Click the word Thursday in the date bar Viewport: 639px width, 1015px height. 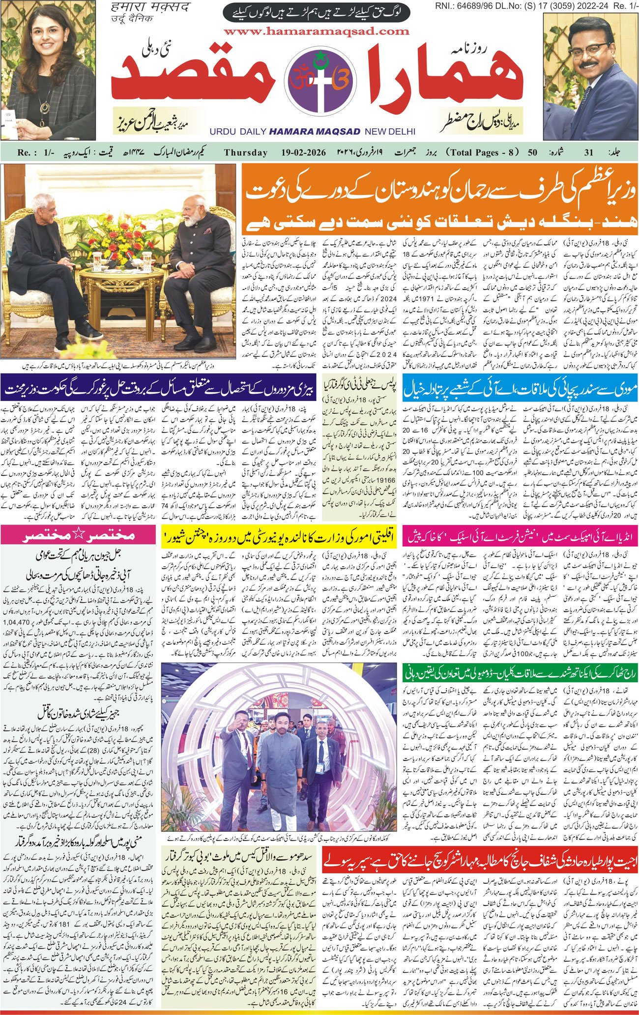coord(245,152)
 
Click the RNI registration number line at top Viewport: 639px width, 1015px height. coord(536,5)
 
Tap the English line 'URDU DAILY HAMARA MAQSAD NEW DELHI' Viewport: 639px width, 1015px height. coord(312,132)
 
